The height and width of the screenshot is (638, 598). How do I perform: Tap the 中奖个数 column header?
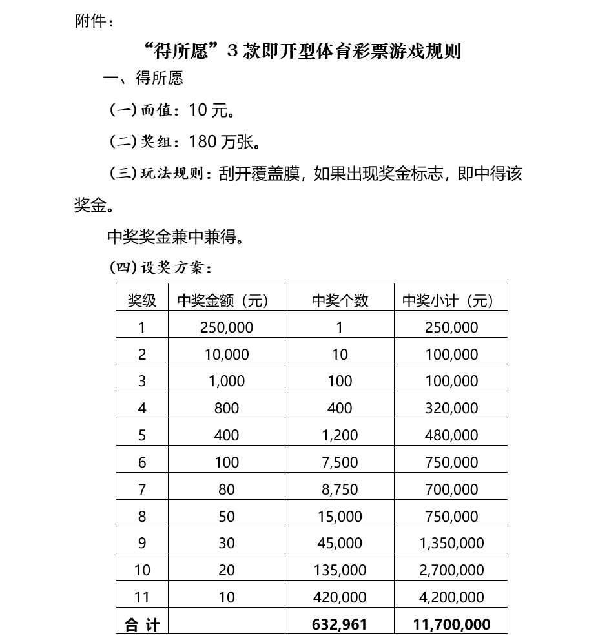(340, 300)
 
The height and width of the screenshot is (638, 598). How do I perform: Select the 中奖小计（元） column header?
(451, 300)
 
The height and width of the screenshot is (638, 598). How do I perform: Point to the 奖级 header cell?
(142, 300)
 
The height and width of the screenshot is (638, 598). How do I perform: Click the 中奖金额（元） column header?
(226, 300)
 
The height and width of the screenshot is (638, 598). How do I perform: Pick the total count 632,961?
(340, 624)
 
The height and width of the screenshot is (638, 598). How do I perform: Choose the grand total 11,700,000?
(451, 624)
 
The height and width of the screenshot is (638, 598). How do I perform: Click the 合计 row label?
(142, 624)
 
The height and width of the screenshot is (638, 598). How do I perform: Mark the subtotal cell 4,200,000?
(451, 597)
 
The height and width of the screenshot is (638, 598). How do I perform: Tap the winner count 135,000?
(340, 570)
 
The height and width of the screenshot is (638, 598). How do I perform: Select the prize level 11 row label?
(142, 597)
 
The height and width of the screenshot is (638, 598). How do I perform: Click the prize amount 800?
(227, 408)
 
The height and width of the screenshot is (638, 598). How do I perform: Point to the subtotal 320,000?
(451, 408)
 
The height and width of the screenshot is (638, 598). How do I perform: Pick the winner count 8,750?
(340, 489)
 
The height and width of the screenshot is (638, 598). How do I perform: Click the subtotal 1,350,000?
(451, 543)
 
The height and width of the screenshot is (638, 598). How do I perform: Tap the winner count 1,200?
(340, 435)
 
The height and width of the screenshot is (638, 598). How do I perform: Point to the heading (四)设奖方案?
(160, 267)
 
